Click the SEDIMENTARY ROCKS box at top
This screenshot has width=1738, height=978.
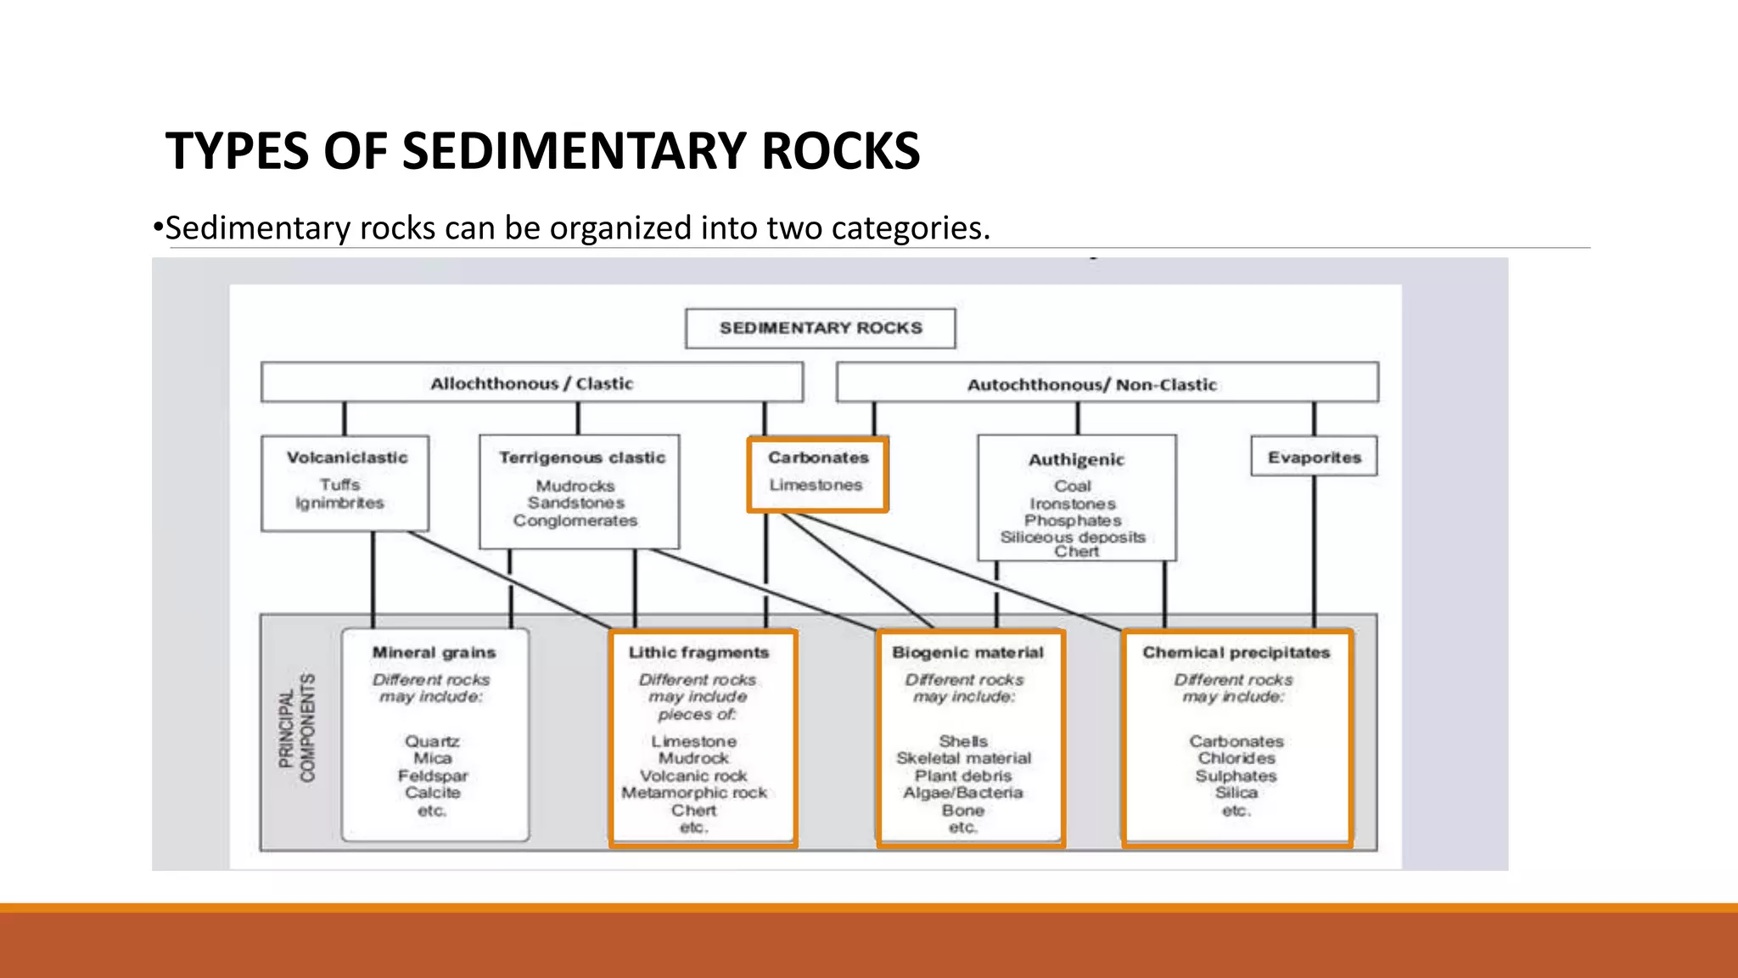point(820,328)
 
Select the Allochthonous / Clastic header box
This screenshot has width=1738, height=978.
point(531,383)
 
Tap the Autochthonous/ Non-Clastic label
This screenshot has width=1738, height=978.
point(1091,385)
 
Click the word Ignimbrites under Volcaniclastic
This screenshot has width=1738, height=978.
point(339,503)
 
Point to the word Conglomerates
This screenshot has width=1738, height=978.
point(575,520)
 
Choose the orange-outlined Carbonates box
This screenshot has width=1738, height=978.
point(817,473)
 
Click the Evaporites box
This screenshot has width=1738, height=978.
point(1314,457)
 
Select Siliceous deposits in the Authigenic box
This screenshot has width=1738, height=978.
point(1073,537)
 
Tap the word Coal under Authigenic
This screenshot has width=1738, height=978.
point(1073,486)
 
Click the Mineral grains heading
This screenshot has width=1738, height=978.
point(434,652)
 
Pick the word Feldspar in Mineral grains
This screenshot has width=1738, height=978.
point(433,775)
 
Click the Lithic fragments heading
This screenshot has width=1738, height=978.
point(698,652)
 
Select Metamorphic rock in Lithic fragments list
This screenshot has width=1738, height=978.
point(694,792)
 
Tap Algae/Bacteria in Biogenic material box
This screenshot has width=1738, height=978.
point(963,792)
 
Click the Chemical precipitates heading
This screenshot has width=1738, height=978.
point(1236,652)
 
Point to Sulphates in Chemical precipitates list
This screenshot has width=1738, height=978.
point(1236,775)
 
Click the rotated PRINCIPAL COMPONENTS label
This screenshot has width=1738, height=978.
point(297,728)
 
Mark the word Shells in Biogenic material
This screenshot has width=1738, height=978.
point(963,741)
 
